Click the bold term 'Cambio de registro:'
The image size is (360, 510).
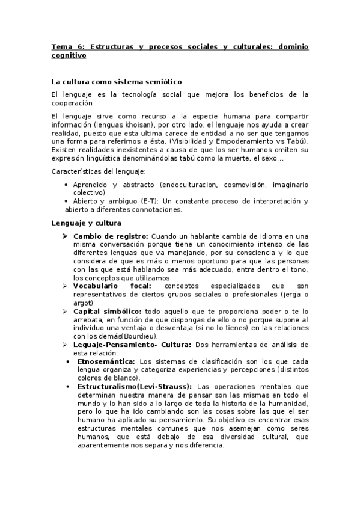pyautogui.click(x=110, y=236)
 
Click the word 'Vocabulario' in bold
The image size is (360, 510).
pyautogui.click(x=97, y=286)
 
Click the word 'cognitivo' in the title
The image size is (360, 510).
pyautogui.click(x=69, y=55)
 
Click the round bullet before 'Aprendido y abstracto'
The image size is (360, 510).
pyautogui.click(x=65, y=185)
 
